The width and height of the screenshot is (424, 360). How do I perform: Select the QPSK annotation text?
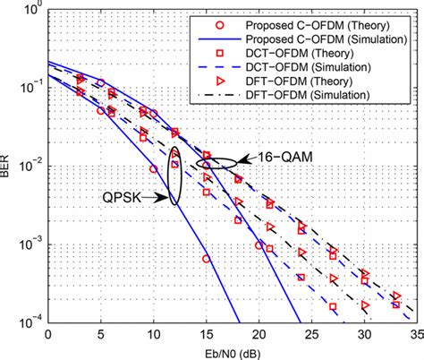tap(121, 200)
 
